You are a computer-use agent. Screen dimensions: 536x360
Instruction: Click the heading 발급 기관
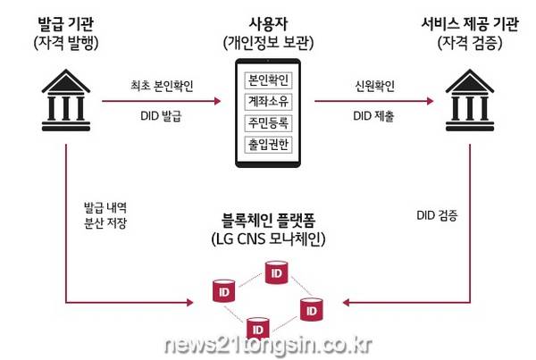(65, 24)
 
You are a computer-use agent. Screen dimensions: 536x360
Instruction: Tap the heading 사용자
(268, 24)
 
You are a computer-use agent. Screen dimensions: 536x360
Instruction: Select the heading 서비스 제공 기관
(470, 24)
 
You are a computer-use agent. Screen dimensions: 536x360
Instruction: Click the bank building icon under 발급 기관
(66, 100)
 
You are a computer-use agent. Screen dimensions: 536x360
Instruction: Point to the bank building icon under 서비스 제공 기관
(470, 100)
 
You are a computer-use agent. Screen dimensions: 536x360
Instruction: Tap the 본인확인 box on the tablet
(268, 80)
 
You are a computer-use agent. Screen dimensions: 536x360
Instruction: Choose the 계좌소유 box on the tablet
(268, 102)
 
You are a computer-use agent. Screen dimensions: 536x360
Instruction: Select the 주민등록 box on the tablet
(268, 123)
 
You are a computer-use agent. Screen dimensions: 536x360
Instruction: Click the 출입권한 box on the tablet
(268, 145)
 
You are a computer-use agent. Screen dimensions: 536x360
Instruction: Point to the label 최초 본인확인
(162, 86)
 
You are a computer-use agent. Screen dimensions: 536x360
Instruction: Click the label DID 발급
(161, 116)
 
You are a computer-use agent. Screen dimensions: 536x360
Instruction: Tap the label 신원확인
(374, 86)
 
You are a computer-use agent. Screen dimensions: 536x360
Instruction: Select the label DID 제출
(373, 116)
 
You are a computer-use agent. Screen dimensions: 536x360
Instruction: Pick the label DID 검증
(437, 215)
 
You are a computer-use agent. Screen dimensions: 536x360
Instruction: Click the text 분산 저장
(105, 223)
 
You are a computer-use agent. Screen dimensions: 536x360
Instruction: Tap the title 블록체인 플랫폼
(268, 221)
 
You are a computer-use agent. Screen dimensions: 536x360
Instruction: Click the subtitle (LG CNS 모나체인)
(268, 239)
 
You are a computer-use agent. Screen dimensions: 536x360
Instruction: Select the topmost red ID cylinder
(277, 272)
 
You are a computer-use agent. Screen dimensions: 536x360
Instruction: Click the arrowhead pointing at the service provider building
(430, 101)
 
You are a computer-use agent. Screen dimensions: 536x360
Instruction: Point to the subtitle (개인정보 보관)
(268, 43)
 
